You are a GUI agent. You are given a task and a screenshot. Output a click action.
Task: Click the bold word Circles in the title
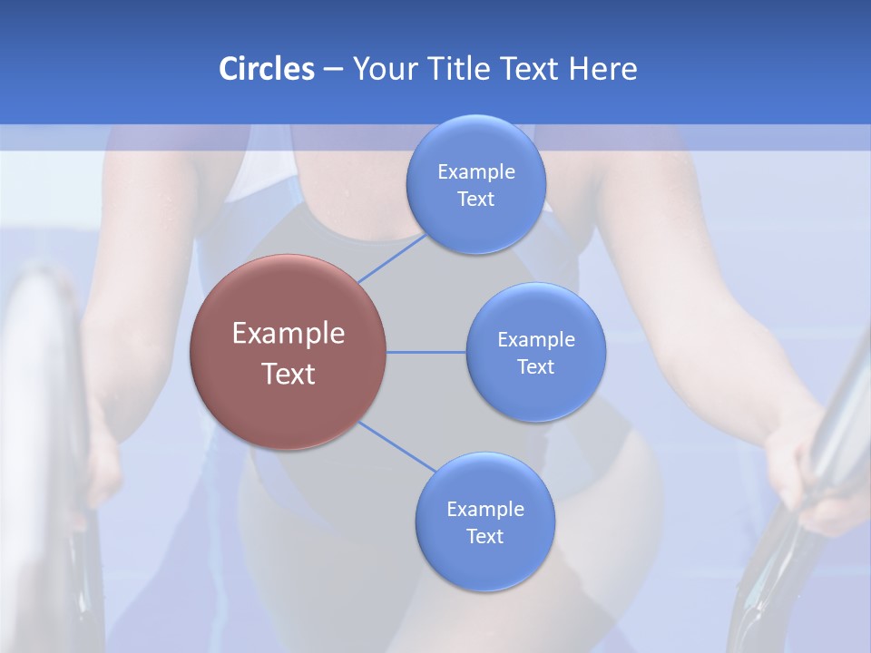[x=266, y=69]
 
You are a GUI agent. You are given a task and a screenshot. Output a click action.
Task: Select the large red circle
[x=288, y=352]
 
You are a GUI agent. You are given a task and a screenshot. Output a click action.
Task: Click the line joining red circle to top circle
[x=392, y=258]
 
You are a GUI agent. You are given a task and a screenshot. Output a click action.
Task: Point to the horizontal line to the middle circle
[x=426, y=352]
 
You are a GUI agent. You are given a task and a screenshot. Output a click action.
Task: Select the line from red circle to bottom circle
[x=396, y=447]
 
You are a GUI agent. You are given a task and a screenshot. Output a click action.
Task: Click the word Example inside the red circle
[x=288, y=333]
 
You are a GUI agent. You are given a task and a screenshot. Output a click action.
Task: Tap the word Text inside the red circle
[x=288, y=374]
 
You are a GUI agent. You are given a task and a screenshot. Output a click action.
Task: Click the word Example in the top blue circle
[x=475, y=171]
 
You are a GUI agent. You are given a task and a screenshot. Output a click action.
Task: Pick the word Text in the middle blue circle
[x=535, y=366]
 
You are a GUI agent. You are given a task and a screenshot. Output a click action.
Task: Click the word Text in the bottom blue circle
[x=484, y=536]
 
